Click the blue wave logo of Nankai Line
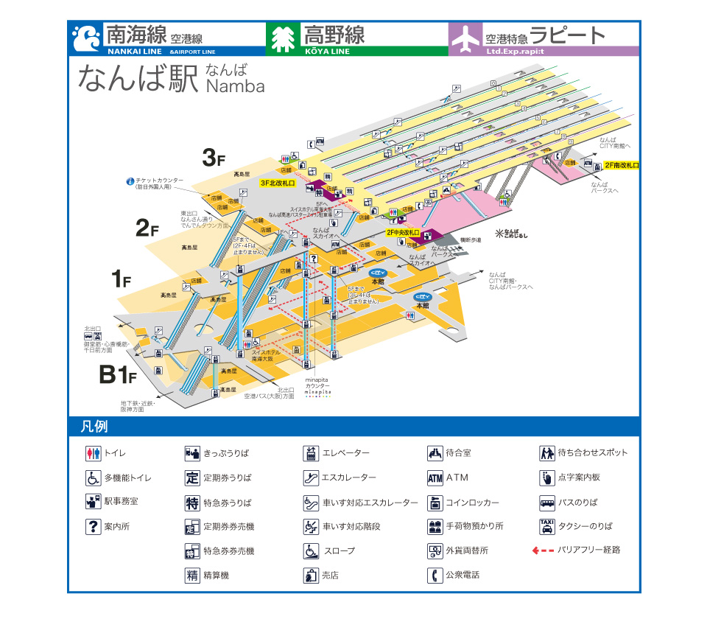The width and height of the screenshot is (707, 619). [x=87, y=38]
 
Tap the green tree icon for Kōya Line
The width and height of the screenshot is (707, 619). [x=281, y=39]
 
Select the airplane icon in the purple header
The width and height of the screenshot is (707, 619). [x=465, y=39]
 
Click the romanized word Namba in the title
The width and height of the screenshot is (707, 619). [x=235, y=86]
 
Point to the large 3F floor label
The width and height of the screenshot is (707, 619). [x=214, y=157]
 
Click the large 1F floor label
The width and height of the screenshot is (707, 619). [x=121, y=279]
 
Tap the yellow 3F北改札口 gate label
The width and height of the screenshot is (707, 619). [x=277, y=182]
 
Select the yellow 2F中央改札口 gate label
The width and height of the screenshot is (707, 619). [x=403, y=232]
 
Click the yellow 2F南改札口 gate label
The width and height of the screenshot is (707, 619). [x=622, y=166]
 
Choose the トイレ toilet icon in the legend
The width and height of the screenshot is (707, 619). [x=93, y=453]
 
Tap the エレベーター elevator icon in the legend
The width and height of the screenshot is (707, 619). [x=311, y=453]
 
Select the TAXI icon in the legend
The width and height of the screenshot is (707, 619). [x=547, y=526]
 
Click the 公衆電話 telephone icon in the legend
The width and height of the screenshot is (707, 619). [x=435, y=575]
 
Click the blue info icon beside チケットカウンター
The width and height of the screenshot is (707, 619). [x=130, y=181]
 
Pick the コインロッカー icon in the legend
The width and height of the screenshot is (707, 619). [x=435, y=503]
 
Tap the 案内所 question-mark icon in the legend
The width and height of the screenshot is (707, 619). [x=93, y=526]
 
